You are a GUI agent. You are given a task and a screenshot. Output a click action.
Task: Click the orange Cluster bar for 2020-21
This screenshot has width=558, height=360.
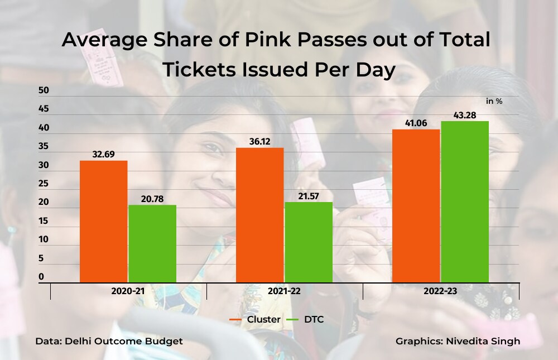[x=103, y=221]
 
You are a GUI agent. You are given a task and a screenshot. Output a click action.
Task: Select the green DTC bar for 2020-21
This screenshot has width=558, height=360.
[x=152, y=243]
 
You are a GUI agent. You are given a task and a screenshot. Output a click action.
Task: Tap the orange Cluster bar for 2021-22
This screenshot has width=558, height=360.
[x=259, y=215]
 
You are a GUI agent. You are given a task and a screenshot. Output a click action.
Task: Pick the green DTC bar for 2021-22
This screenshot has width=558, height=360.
[x=308, y=242]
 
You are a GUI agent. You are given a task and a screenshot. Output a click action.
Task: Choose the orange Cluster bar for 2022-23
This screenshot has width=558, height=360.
[x=416, y=205]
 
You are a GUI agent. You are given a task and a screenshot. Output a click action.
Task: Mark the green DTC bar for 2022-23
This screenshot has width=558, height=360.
[x=465, y=201]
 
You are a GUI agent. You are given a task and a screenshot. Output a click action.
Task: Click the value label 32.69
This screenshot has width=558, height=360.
[x=103, y=154]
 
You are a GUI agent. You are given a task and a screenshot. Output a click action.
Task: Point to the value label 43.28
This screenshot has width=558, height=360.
[x=465, y=114]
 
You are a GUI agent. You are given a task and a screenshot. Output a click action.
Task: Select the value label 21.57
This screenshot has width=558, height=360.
[x=308, y=195]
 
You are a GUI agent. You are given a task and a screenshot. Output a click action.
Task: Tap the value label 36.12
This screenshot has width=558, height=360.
[x=259, y=141]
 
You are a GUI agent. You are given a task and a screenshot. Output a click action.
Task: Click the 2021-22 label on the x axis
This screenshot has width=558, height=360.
[x=285, y=292]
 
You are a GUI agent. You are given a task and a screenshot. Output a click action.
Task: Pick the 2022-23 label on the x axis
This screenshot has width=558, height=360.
[x=441, y=292]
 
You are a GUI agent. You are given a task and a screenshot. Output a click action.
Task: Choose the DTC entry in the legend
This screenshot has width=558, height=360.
[x=305, y=319]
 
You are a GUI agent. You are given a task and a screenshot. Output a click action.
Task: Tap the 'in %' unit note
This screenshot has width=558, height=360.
[x=494, y=101]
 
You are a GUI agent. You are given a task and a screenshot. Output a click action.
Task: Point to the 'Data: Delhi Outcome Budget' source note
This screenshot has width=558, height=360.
[x=109, y=341]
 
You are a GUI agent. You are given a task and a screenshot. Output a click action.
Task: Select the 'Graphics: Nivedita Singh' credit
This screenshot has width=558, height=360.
[x=458, y=341]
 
